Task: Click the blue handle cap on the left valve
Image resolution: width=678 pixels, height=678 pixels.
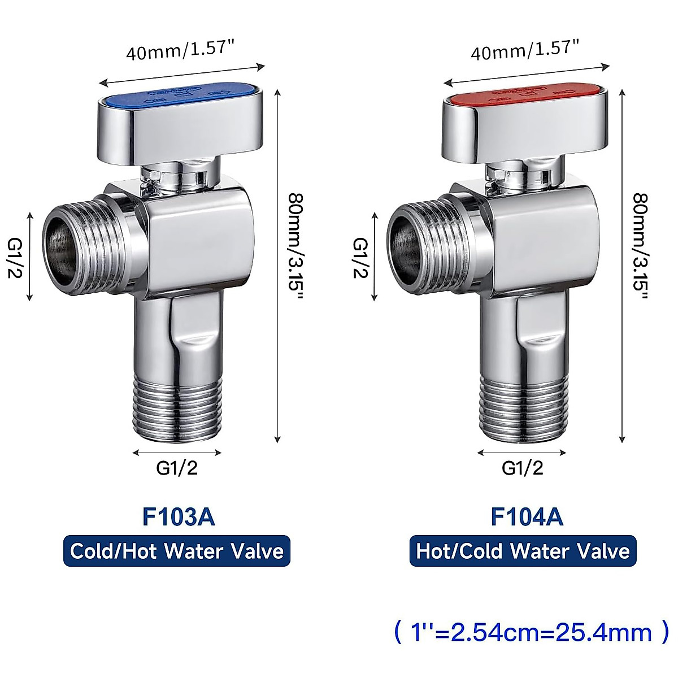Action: [180, 95]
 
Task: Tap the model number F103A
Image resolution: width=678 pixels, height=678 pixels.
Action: [179, 516]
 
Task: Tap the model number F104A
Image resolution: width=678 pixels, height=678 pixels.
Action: [527, 516]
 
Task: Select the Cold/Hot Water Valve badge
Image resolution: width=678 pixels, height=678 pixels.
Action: [177, 551]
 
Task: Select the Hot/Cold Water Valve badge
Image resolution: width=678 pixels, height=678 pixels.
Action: [523, 551]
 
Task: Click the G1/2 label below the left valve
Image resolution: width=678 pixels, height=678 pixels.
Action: [177, 468]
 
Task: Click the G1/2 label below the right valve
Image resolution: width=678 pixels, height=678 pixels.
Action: [522, 468]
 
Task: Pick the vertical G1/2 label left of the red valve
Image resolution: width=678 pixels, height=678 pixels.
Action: [359, 257]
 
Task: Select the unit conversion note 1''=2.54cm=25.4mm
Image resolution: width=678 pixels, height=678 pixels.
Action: [531, 632]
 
